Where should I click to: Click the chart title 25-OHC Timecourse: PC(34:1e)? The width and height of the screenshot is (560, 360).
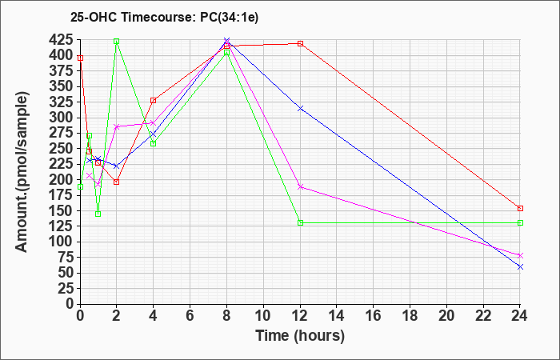point(164,17)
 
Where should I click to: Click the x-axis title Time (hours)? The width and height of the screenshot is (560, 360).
point(300,336)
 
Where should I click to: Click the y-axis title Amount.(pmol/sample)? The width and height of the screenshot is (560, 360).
point(22,172)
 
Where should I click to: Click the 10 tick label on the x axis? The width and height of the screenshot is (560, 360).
point(263,315)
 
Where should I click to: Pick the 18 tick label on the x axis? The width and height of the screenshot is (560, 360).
point(410,315)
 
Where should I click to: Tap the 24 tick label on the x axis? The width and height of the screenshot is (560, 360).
point(520,315)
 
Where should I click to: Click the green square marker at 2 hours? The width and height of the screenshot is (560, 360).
point(117,42)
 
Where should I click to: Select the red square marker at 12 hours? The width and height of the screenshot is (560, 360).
point(300,43)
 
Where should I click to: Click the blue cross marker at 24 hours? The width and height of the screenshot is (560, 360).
point(520,266)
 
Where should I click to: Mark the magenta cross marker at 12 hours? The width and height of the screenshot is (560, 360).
point(300,186)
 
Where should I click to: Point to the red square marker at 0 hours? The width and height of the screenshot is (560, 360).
point(80,58)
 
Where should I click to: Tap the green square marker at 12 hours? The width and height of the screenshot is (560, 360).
point(300,223)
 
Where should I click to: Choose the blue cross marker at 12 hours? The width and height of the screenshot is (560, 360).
point(300,108)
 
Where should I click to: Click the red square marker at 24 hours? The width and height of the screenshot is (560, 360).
point(520,208)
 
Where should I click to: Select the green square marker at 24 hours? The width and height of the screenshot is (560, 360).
point(520,223)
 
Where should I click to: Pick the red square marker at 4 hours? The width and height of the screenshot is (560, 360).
point(154,100)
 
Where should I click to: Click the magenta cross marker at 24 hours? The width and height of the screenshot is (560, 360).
point(520,255)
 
